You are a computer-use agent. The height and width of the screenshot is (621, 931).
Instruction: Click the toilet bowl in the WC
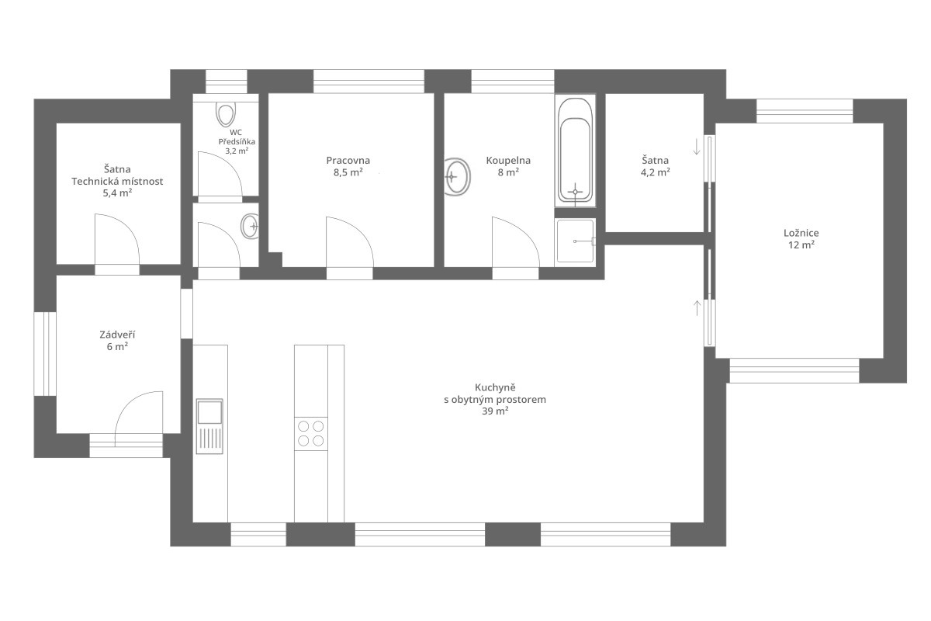tap(226, 113)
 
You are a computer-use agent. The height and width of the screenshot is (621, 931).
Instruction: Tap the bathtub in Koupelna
tap(575, 150)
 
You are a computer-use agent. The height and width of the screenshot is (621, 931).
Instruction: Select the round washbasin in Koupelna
tap(457, 176)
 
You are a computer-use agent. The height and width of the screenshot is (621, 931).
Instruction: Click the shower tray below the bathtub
tap(575, 241)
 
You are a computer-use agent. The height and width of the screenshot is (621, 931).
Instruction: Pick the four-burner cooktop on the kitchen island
tap(311, 433)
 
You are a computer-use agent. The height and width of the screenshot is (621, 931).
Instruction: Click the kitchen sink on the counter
tap(209, 426)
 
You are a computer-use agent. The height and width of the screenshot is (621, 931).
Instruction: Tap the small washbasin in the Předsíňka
tap(250, 226)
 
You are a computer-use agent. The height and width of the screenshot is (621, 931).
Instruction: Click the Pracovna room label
tap(348, 160)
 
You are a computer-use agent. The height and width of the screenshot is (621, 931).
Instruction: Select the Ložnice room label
tap(801, 233)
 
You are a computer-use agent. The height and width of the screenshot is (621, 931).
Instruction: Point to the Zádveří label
tap(117, 335)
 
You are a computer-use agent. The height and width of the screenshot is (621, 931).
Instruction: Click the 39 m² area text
tap(495, 411)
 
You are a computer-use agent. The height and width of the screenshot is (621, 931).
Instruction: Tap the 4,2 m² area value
tap(655, 172)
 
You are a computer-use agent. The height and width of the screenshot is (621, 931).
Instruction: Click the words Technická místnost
tap(117, 182)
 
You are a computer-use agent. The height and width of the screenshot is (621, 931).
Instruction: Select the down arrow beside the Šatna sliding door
tap(697, 147)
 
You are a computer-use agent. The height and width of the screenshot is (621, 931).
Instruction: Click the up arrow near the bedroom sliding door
tap(697, 308)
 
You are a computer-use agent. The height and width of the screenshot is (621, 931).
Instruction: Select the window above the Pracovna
tap(369, 81)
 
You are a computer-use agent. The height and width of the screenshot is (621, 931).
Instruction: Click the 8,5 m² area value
tap(348, 172)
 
